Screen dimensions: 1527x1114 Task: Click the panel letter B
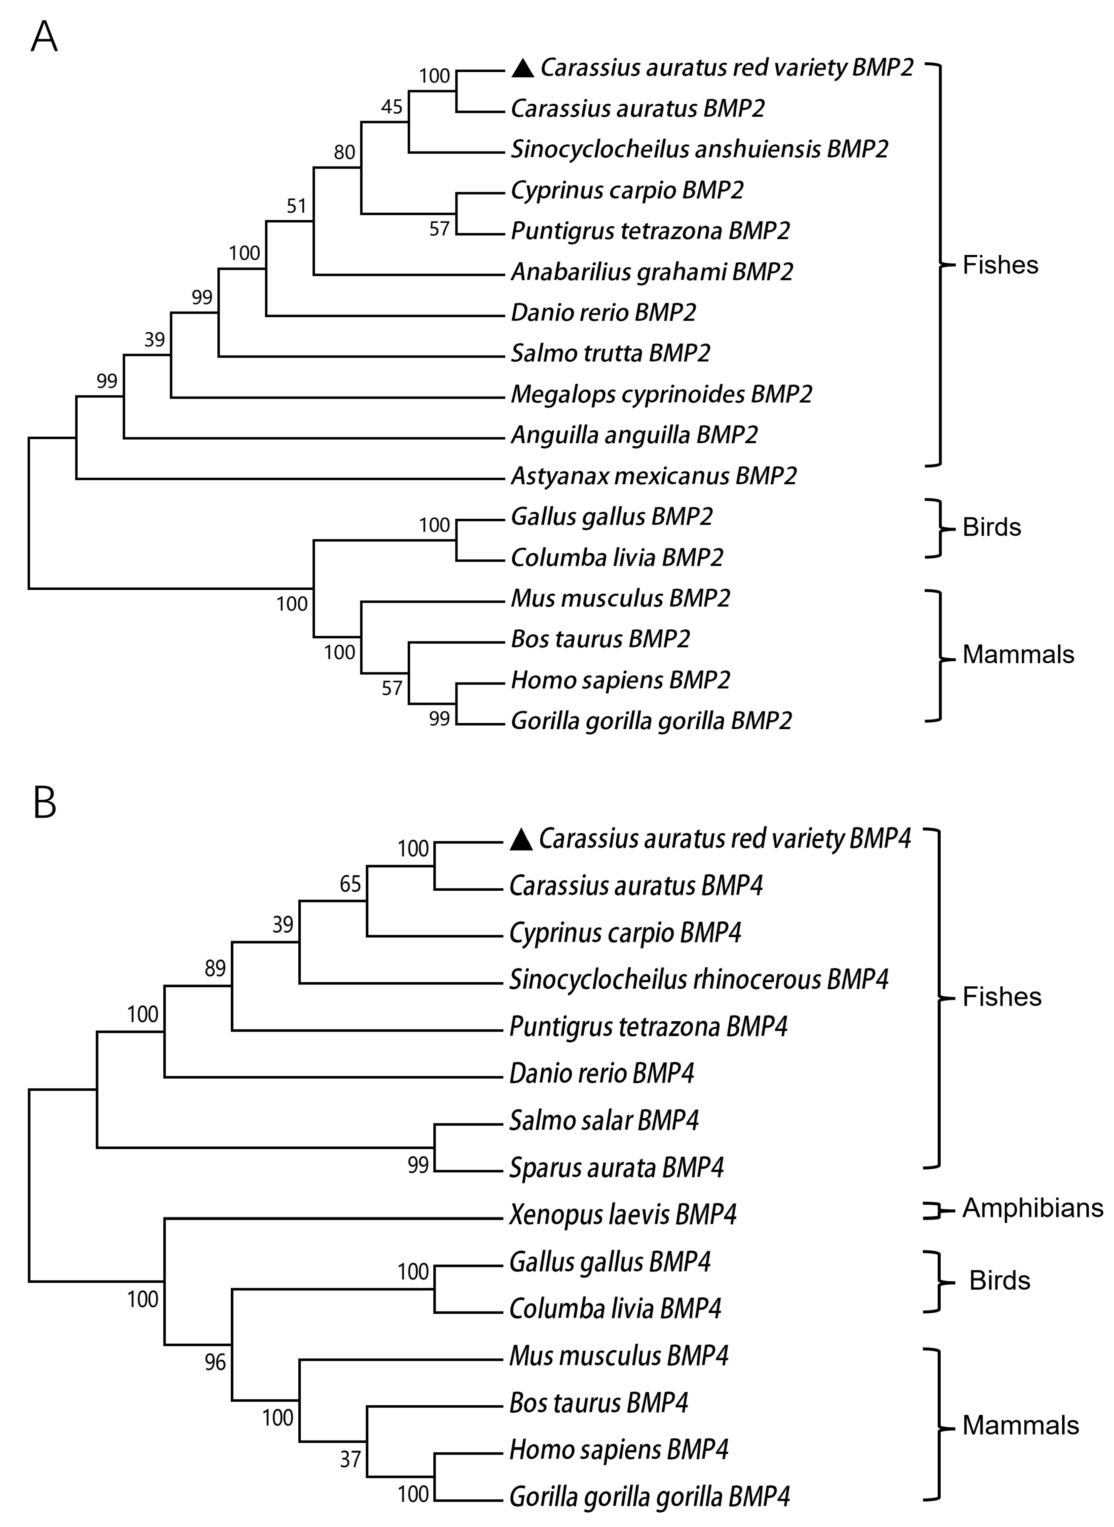point(45,803)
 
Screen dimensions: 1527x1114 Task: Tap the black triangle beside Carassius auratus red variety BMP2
point(523,68)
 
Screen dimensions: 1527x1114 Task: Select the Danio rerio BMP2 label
point(603,312)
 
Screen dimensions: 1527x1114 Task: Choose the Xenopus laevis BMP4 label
point(622,1215)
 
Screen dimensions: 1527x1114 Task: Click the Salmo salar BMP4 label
point(603,1121)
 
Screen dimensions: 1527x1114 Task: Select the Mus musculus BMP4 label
point(618,1356)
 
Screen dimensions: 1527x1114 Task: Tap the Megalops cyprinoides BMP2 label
point(661,394)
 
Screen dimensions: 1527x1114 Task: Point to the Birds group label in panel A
point(991,528)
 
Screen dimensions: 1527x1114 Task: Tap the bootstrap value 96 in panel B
point(215,1363)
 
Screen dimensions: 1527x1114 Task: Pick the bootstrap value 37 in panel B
point(350,1459)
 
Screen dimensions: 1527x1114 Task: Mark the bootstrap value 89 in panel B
point(215,968)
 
